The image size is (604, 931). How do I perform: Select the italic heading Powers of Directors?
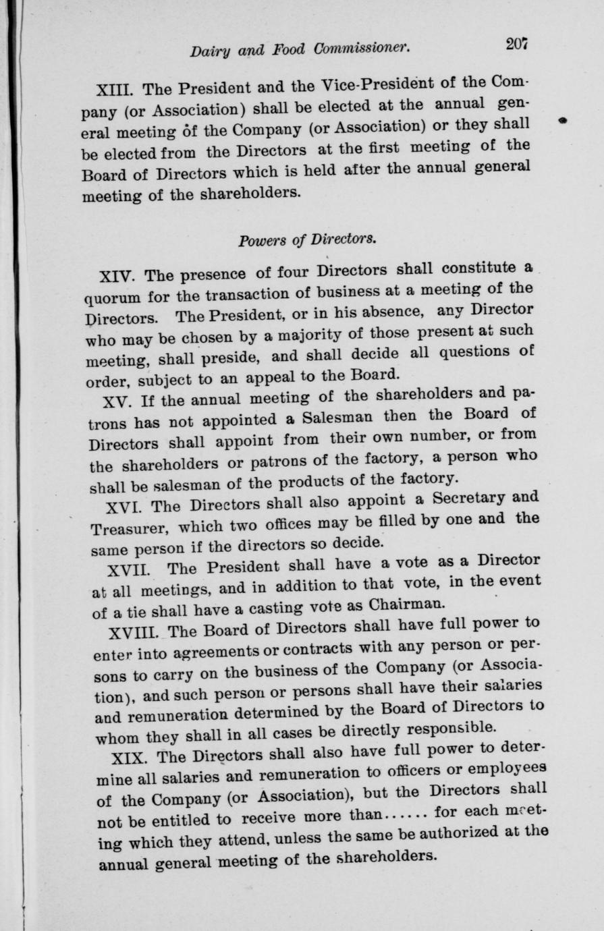[x=307, y=240]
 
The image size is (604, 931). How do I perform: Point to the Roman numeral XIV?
[x=118, y=276]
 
